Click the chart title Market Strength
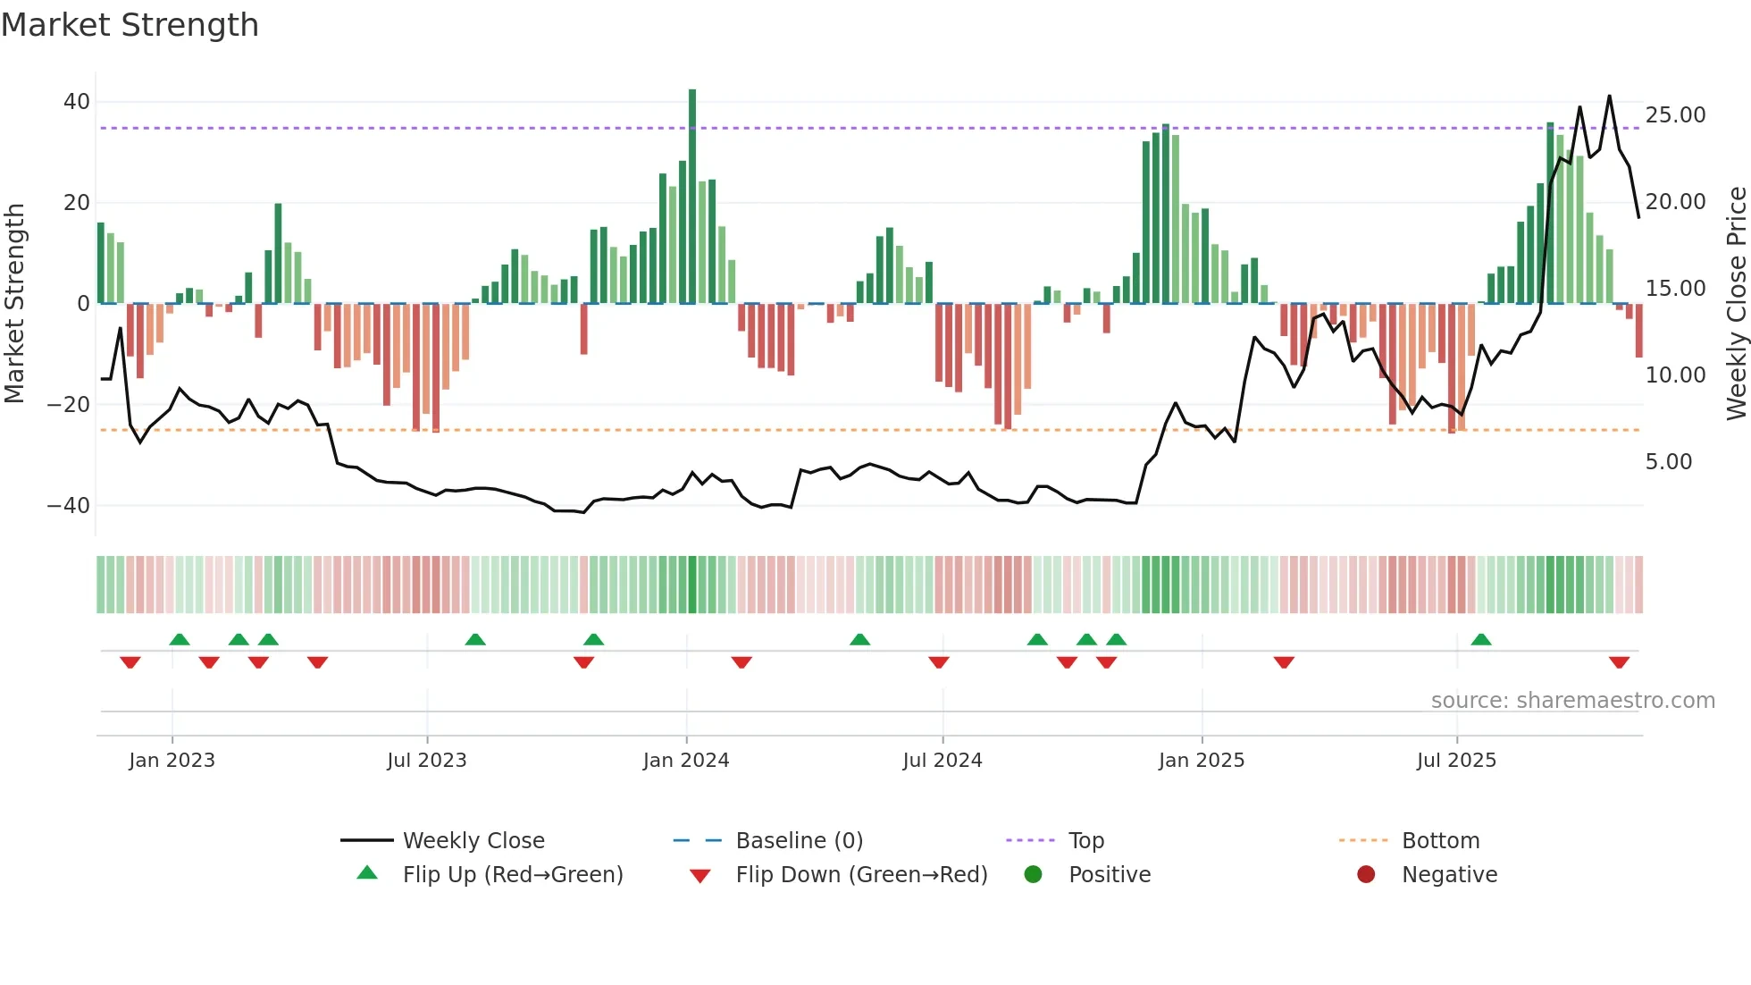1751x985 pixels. (130, 25)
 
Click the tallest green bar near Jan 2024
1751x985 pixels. (692, 197)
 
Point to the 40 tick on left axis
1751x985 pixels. (77, 102)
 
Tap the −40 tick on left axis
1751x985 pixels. (69, 506)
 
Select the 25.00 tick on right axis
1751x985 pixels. (1675, 115)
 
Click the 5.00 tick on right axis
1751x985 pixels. (1668, 462)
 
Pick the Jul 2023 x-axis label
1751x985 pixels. (427, 761)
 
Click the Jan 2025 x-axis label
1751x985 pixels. (1201, 761)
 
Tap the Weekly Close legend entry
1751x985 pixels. (473, 841)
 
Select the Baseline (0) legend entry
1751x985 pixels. (799, 841)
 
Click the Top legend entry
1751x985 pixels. (1085, 841)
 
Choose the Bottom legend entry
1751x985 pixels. (1440, 841)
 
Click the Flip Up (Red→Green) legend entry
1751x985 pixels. (512, 875)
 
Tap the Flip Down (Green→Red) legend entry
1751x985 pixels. (861, 875)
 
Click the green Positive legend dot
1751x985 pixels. (1034, 875)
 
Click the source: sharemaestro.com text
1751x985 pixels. (1572, 701)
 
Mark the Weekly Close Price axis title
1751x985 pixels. (1736, 304)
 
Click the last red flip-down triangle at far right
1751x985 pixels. (1619, 662)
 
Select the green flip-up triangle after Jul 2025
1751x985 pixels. (1480, 639)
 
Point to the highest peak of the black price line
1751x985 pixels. (1610, 97)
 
